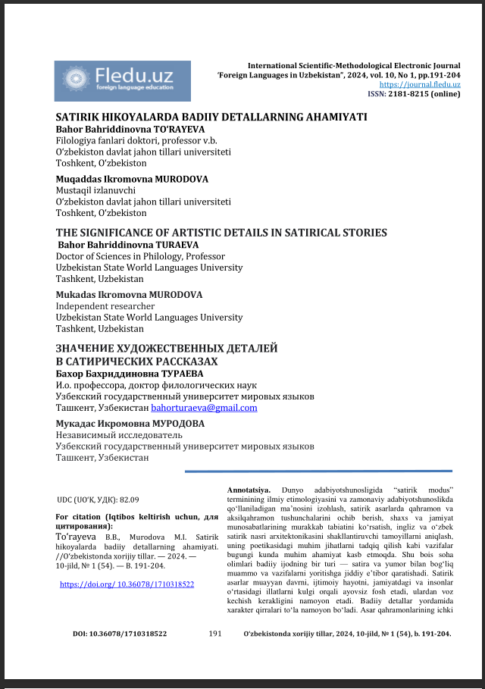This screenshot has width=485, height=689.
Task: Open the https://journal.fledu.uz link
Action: coord(419,85)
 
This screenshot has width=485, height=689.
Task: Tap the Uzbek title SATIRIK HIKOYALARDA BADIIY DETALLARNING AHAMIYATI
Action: coord(211,117)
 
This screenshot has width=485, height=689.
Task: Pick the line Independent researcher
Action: coord(105,306)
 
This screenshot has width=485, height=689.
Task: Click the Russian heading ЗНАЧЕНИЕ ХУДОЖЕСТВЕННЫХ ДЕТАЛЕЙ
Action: coord(167,349)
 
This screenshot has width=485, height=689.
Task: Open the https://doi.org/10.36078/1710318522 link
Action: coord(127,584)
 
